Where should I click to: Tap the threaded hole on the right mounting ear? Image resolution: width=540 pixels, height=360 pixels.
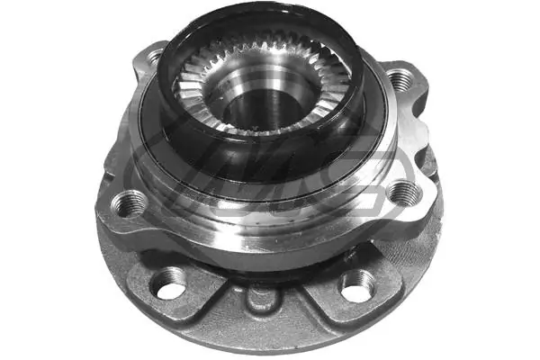point(400,191)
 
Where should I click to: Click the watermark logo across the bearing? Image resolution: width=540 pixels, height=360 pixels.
point(270,184)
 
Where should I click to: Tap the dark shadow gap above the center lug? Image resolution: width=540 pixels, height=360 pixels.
point(261,270)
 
